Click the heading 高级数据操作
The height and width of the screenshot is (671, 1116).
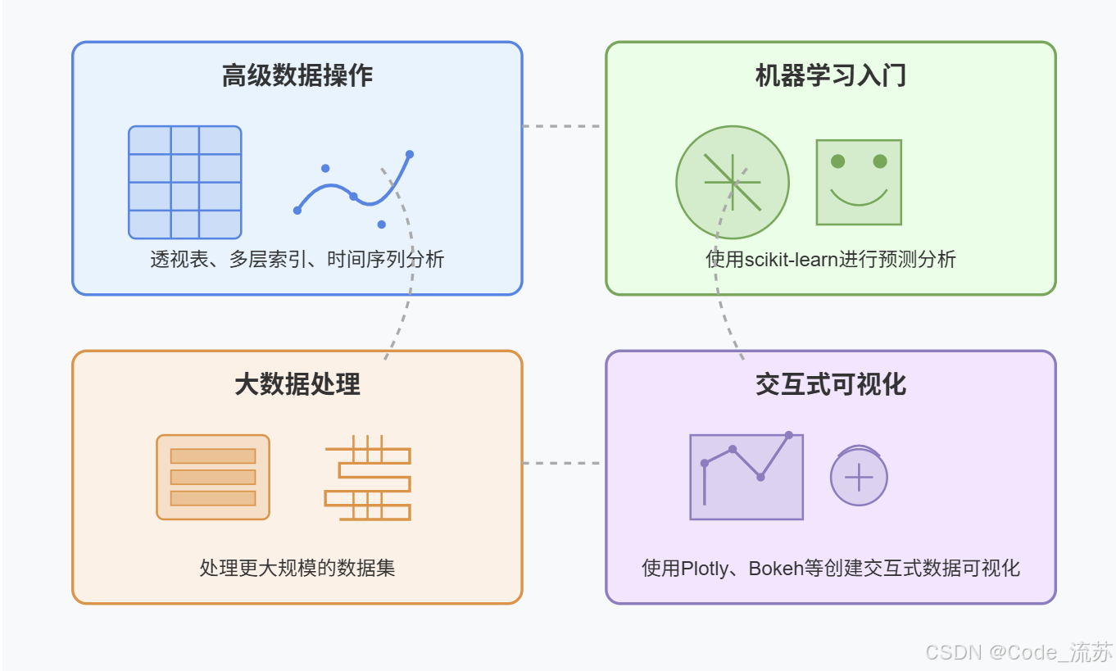(x=297, y=76)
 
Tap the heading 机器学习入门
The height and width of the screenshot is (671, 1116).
(x=830, y=76)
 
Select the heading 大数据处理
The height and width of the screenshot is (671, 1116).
(x=297, y=384)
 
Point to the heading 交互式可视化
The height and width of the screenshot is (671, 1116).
(x=830, y=384)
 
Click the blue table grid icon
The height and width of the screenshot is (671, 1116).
(x=185, y=182)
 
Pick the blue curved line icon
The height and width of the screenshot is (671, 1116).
(x=353, y=189)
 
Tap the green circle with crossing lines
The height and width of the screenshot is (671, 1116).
(x=732, y=182)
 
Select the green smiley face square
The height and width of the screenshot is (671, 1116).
(x=859, y=182)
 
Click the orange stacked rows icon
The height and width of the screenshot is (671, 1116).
(x=213, y=477)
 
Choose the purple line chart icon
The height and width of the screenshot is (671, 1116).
(x=746, y=476)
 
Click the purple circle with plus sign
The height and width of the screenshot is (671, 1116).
(x=859, y=477)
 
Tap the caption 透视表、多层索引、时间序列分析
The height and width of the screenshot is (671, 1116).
(x=297, y=260)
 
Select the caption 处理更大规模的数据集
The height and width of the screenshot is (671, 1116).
(x=297, y=568)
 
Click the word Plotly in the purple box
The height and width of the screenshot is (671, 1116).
(x=705, y=568)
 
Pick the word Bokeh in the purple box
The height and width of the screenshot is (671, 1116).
(x=775, y=568)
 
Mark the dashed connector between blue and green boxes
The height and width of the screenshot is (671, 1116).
(x=564, y=126)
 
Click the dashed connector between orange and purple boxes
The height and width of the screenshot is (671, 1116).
(x=564, y=463)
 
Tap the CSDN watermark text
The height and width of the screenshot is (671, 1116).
(x=1018, y=652)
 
